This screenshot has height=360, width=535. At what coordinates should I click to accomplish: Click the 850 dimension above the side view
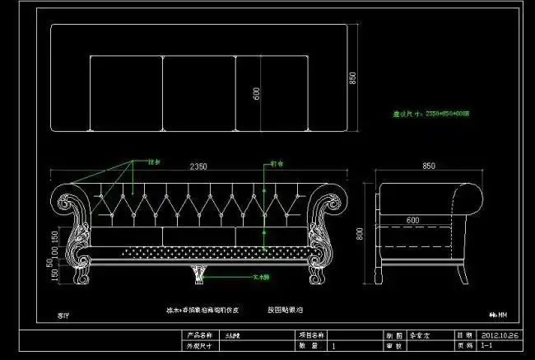[428, 166]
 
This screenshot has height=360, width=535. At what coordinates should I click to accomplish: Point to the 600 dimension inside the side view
[412, 220]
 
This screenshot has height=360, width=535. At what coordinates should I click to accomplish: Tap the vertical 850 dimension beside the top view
[352, 78]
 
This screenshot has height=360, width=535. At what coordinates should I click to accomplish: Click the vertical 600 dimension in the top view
[256, 93]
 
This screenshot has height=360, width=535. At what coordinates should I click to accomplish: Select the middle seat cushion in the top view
[199, 93]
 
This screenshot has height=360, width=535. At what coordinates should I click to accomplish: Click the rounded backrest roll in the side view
[468, 197]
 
